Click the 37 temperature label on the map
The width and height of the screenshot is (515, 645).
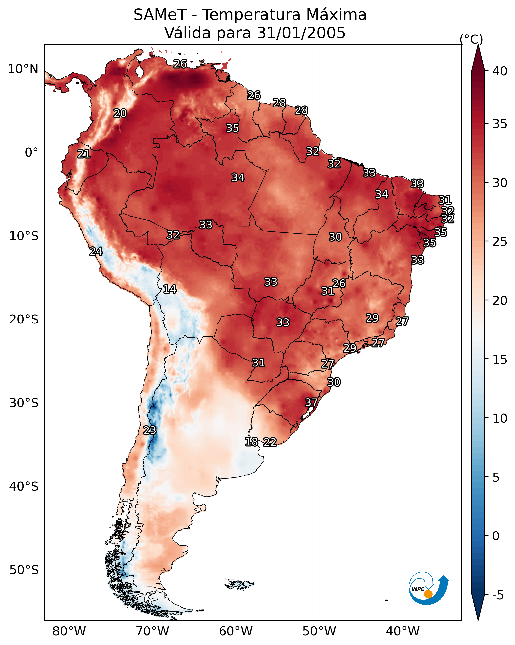tap(311, 402)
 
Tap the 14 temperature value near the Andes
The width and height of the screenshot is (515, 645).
tap(170, 289)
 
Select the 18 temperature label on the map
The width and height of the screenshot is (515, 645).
tap(252, 442)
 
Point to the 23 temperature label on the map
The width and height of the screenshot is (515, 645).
tap(150, 430)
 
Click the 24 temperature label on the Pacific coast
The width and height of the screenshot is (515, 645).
tap(96, 252)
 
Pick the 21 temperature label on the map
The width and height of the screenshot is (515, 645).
tap(84, 154)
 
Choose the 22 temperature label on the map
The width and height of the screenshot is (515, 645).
tap(270, 442)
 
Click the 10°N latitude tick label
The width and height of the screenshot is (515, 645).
tap(23, 69)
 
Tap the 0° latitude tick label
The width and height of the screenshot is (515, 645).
tap(32, 153)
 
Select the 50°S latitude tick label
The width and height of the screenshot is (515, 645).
tap(24, 570)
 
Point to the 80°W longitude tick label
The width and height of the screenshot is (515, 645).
tap(69, 631)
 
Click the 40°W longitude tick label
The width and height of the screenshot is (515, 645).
tap(403, 631)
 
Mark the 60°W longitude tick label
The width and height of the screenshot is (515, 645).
tap(236, 631)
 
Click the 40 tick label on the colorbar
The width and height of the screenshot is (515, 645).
tap(500, 71)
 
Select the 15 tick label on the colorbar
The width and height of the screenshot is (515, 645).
tap(500, 360)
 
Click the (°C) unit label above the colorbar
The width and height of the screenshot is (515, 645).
tap(471, 39)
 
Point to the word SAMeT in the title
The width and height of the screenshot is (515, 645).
tap(160, 15)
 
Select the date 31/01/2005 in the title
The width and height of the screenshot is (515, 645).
tap(301, 33)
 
